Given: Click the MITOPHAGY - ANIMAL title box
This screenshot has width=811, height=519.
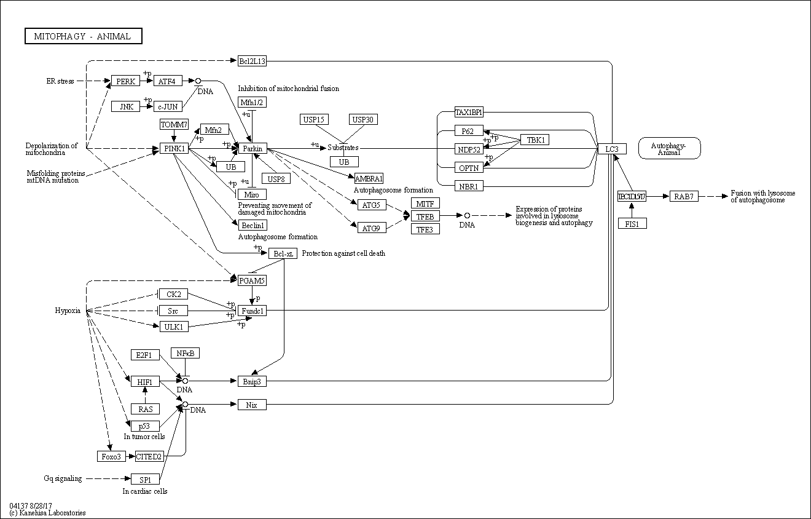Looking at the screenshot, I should coord(83,36).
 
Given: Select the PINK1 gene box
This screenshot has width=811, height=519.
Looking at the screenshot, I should coord(174,149).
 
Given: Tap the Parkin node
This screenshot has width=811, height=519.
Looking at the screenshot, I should coord(252,149).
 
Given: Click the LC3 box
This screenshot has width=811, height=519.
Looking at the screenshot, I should coord(612,149).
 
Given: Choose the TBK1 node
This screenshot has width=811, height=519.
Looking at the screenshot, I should coord(535,140).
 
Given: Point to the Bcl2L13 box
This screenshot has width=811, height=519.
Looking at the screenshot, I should coord(252,61).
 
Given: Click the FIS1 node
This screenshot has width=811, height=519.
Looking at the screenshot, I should coord(632,224).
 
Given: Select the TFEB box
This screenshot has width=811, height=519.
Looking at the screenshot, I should coord(425,216).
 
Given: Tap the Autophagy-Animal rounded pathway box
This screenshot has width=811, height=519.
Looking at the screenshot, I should coord(669,148).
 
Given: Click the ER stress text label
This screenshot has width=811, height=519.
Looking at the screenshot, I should coord(60,81).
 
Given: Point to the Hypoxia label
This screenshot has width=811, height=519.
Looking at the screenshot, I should coord(68,311).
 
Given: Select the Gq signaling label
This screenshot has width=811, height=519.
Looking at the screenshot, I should coord(63,478).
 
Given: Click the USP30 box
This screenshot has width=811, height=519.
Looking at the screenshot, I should coord(362,119).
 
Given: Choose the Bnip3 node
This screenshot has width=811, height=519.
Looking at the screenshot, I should coord(252,381).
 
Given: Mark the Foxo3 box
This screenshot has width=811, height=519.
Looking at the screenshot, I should coord(112,456).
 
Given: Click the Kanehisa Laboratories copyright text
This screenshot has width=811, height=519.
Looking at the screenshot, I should coord(48,513).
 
